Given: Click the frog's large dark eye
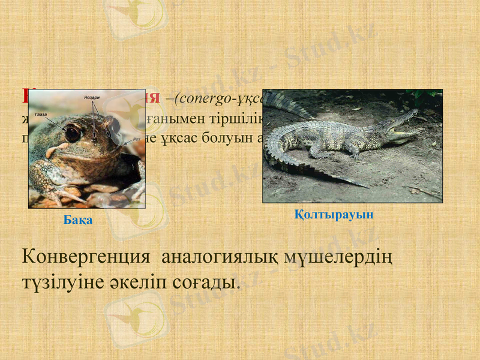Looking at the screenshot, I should (73, 133).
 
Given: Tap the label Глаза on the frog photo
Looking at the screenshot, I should (41, 113).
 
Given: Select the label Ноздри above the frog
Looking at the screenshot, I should (92, 97).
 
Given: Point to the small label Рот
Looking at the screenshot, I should (137, 138).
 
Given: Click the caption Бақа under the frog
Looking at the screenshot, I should (78, 220).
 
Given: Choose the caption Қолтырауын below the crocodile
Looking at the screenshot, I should (334, 214).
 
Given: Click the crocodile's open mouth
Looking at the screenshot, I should (400, 125).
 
